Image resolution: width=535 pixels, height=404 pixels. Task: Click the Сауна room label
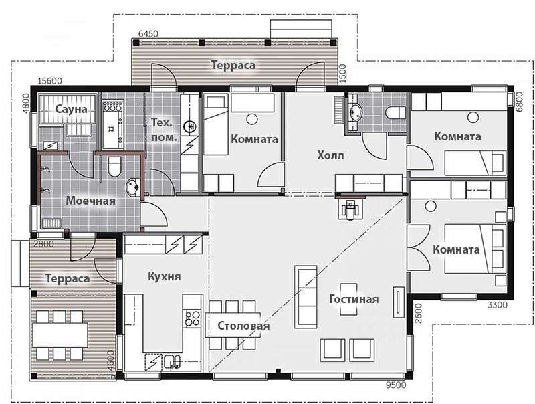click(x=71, y=110)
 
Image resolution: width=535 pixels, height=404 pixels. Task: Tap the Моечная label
click(x=90, y=201)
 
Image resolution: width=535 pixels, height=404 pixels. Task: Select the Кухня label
click(x=164, y=276)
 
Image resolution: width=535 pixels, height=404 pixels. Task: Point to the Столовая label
click(x=243, y=326)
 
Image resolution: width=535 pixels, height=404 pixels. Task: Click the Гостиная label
click(x=354, y=299)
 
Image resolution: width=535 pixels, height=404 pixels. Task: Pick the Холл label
click(x=330, y=156)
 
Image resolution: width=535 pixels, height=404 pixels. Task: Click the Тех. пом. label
click(x=164, y=130)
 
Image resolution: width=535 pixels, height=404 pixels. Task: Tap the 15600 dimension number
click(x=49, y=81)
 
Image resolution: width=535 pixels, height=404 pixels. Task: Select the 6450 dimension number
click(x=148, y=34)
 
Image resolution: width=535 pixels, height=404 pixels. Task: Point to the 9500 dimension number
click(x=396, y=385)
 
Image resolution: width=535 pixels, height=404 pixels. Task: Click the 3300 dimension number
click(x=497, y=305)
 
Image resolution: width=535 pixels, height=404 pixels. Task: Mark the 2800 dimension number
click(x=43, y=244)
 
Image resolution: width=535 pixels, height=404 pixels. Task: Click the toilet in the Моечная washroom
click(x=114, y=167)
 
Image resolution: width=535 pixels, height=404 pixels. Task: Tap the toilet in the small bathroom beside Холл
click(x=395, y=112)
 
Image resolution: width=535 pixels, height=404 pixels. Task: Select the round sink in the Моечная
click(x=133, y=187)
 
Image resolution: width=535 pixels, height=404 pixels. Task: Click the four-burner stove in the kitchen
click(x=192, y=318)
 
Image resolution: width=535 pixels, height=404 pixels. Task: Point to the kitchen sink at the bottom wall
click(x=173, y=362)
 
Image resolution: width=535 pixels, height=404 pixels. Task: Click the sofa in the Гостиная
click(x=306, y=296)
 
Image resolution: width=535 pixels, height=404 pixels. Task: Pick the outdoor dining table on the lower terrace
click(x=60, y=335)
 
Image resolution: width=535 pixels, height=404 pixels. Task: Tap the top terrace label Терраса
click(x=233, y=65)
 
